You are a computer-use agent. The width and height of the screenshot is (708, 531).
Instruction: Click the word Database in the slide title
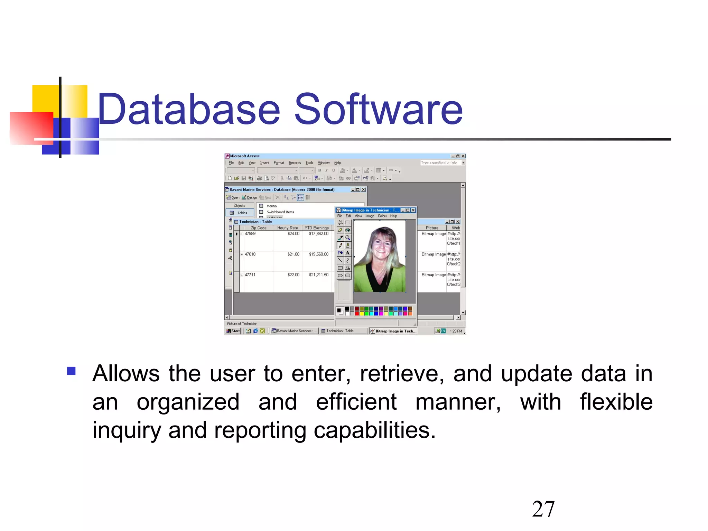pyautogui.click(x=189, y=109)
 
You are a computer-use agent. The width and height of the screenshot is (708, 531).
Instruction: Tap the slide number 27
pyautogui.click(x=543, y=509)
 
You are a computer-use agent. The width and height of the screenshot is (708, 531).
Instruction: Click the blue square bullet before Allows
pyautogui.click(x=72, y=371)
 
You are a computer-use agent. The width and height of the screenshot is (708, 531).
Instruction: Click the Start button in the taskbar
pyautogui.click(x=233, y=331)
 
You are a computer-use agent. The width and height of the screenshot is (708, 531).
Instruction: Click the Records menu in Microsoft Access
pyautogui.click(x=295, y=163)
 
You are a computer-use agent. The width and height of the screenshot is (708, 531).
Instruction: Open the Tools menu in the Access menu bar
pyautogui.click(x=309, y=163)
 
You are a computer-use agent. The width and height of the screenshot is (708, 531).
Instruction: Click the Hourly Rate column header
pyautogui.click(x=287, y=228)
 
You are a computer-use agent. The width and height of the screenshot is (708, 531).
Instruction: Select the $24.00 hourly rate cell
pyautogui.click(x=293, y=234)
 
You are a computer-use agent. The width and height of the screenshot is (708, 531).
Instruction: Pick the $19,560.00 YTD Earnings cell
pyautogui.click(x=318, y=254)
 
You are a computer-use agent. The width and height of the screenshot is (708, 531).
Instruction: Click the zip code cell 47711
pyautogui.click(x=250, y=275)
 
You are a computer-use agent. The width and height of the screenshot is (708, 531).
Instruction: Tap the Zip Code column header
pyautogui.click(x=258, y=228)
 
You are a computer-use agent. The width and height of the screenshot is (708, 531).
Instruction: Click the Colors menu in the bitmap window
pyautogui.click(x=382, y=216)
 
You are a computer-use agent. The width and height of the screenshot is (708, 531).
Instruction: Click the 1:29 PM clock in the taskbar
pyautogui.click(x=456, y=331)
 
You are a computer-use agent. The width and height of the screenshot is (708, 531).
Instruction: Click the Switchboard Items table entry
pyautogui.click(x=280, y=212)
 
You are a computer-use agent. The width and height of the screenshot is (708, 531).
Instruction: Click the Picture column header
pyautogui.click(x=432, y=228)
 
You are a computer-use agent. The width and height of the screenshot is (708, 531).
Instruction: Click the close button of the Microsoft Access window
pyautogui.click(x=463, y=156)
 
